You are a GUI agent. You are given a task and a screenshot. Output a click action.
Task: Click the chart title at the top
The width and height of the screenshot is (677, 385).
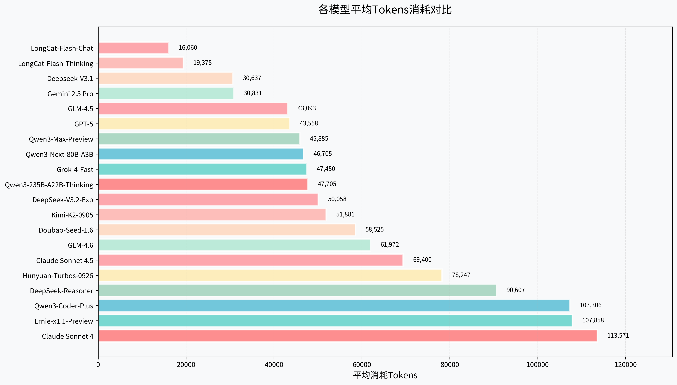[x=385, y=10]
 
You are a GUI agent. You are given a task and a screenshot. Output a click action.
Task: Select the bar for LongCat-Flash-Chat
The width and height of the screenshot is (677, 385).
[x=133, y=48]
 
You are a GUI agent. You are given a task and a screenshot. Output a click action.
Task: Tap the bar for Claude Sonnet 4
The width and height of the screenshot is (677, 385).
[x=347, y=336]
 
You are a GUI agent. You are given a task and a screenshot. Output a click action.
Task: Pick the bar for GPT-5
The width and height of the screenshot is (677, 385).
[x=194, y=124]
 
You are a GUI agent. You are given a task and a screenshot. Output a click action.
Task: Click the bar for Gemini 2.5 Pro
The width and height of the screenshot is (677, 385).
[x=166, y=93]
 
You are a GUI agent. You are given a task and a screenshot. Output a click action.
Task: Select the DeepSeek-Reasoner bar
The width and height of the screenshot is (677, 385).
[x=297, y=290]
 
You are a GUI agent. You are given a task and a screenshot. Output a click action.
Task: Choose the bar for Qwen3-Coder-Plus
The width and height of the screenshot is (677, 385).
[x=334, y=305]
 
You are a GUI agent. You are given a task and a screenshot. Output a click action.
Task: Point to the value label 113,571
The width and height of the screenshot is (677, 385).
[x=618, y=336]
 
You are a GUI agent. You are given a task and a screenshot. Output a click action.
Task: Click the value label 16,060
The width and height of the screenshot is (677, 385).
[x=188, y=48]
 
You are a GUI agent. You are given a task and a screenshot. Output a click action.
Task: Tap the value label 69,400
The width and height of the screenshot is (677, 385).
[x=422, y=260]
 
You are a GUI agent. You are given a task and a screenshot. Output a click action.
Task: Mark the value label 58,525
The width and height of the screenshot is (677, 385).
[x=374, y=229]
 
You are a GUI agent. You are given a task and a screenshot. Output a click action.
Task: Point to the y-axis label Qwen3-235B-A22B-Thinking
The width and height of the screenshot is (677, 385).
[x=49, y=185]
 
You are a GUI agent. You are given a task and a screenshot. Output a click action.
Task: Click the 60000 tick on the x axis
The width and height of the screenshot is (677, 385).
[x=362, y=365]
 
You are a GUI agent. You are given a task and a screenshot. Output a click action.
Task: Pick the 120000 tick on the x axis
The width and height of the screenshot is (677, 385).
[x=625, y=365]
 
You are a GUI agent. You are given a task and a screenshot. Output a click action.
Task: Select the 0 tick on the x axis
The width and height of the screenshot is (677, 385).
[x=98, y=365]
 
